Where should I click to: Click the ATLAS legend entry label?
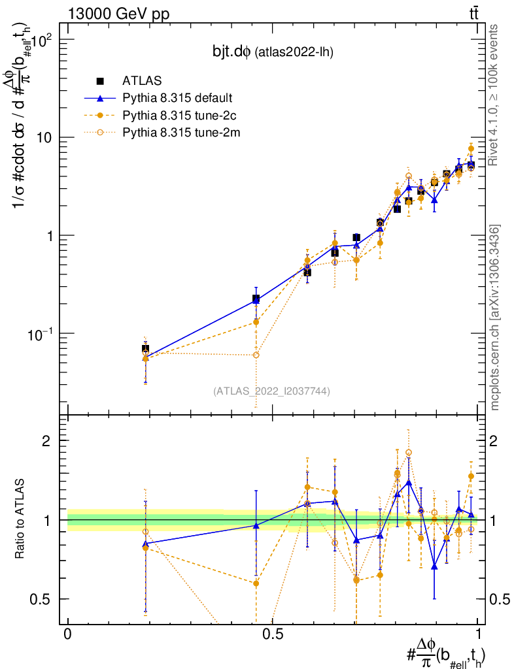[x=139, y=81]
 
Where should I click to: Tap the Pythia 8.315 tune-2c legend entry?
[x=175, y=116]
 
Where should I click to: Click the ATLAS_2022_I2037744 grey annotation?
[x=271, y=391]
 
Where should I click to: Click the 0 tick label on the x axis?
[x=67, y=634]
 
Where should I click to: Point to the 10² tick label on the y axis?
[x=44, y=39]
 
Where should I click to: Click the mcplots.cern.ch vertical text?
[x=496, y=318]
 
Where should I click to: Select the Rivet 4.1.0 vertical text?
[x=496, y=95]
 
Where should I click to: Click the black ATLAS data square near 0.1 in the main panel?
[x=145, y=349]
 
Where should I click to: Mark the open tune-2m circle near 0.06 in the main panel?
[x=256, y=355]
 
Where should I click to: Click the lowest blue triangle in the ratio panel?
[x=434, y=566]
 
